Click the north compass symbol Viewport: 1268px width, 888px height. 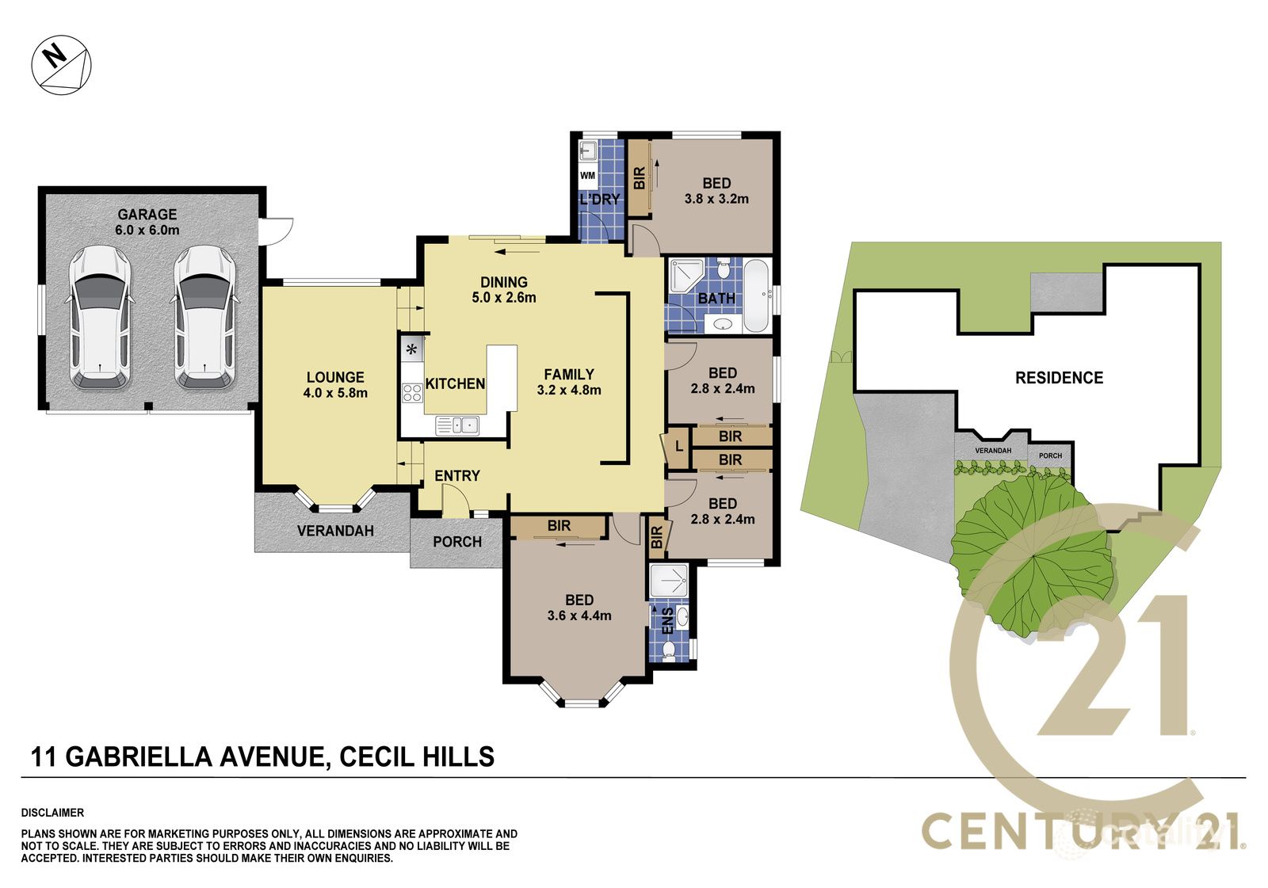(x=61, y=64)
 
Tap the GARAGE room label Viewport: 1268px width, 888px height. (x=147, y=215)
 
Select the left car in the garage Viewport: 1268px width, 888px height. (x=100, y=318)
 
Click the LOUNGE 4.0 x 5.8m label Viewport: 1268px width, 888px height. (x=335, y=385)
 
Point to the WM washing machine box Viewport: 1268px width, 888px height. (x=587, y=176)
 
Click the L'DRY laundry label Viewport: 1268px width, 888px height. (x=600, y=199)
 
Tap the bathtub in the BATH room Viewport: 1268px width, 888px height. (x=756, y=295)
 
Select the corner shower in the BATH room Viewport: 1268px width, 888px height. (x=686, y=276)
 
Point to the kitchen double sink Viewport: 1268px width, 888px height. (x=457, y=425)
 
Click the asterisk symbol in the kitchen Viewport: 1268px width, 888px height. (x=411, y=349)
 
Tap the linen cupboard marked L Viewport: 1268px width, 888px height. (x=678, y=447)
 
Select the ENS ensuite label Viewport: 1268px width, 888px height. (x=668, y=621)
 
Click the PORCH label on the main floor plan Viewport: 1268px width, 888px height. (x=457, y=542)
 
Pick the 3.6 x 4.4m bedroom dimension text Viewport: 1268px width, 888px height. (x=579, y=616)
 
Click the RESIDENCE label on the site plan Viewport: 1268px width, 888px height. (x=1059, y=378)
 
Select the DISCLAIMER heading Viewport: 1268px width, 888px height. (x=52, y=813)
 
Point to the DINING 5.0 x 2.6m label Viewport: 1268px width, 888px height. (x=504, y=290)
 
